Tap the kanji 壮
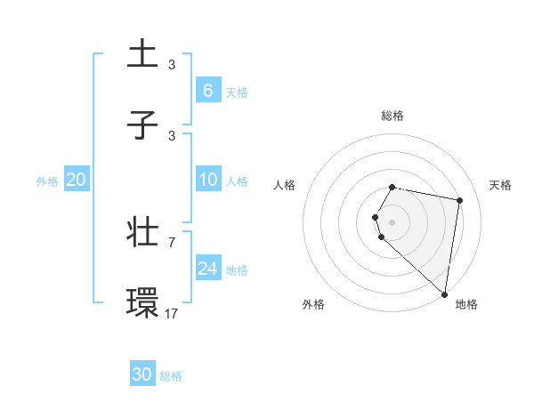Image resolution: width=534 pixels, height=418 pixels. [x=143, y=233]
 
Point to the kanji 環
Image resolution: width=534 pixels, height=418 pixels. [x=143, y=303]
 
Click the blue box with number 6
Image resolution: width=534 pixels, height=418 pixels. [x=207, y=90]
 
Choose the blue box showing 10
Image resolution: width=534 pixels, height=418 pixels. [x=207, y=180]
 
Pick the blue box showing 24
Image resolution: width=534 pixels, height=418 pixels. [x=207, y=268]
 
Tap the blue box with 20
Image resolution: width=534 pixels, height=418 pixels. [x=77, y=180]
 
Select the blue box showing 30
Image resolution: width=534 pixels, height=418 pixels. [x=142, y=374]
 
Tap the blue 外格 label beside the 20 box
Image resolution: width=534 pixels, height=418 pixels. [x=47, y=181]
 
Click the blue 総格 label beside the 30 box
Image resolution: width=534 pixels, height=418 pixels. [x=171, y=376]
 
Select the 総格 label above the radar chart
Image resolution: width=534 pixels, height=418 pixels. [x=392, y=116]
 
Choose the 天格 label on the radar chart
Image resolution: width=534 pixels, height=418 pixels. [x=500, y=185]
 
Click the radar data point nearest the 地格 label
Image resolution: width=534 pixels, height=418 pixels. [x=445, y=293]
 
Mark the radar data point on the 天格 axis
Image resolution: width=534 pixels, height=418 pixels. [x=460, y=200]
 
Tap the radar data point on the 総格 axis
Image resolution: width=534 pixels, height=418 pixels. [x=392, y=187]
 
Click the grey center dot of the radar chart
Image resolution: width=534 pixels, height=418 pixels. [x=392, y=221]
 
